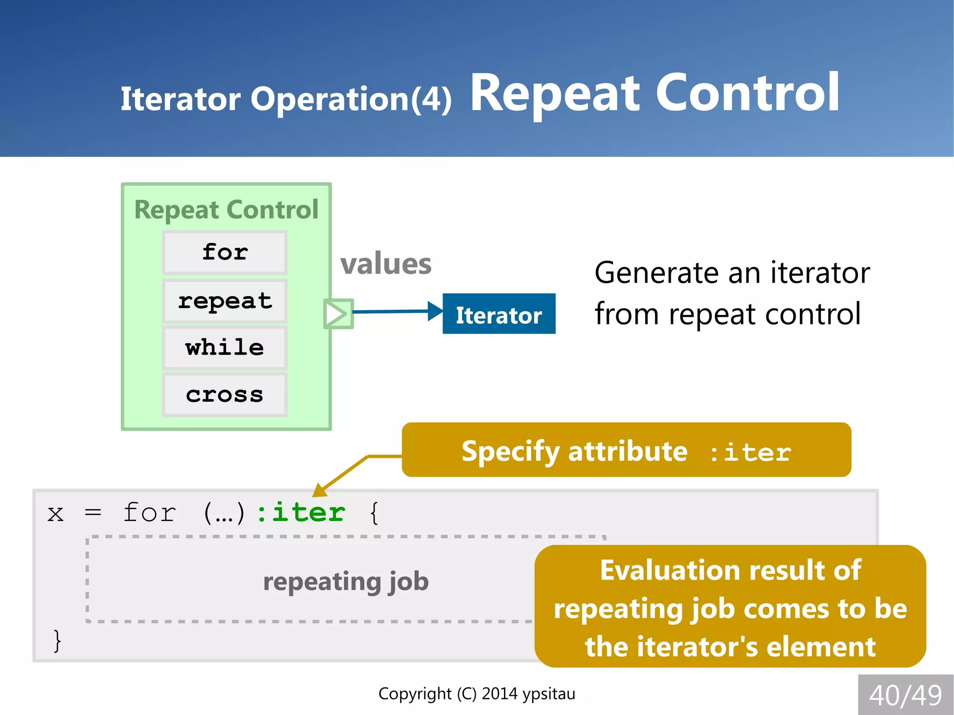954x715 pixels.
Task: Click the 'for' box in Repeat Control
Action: (x=225, y=252)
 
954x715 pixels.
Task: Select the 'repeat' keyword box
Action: (x=225, y=301)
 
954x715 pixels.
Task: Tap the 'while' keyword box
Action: (x=225, y=348)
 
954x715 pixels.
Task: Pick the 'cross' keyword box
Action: (x=225, y=395)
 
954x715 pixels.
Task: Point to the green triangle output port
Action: (x=337, y=313)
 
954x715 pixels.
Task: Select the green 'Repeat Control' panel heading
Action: (x=226, y=210)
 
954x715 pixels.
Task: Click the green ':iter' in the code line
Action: (x=301, y=513)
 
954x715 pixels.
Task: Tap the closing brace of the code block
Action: (x=57, y=641)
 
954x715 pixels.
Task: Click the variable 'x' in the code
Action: (x=55, y=514)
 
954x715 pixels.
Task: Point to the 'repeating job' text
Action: (x=346, y=581)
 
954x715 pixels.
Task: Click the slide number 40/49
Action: (x=905, y=695)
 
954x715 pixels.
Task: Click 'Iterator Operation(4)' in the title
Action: (x=286, y=99)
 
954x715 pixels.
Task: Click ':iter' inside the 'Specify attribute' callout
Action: (x=750, y=452)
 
